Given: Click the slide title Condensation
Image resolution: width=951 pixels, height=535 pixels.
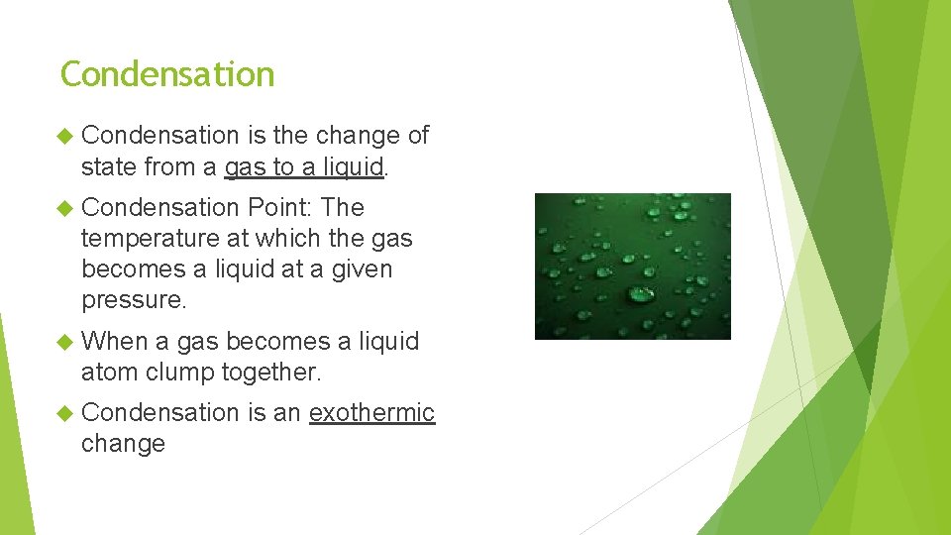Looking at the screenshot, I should tap(166, 74).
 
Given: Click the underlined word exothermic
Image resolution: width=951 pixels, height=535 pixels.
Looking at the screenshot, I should tap(371, 412).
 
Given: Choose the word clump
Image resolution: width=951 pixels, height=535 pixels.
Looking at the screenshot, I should tap(179, 373).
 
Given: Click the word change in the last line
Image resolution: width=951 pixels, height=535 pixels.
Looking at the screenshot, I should tap(123, 444).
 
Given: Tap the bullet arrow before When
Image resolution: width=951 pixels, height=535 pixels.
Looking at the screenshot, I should tap(66, 342).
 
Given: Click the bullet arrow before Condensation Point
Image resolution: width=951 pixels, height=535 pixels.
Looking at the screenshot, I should tap(66, 208).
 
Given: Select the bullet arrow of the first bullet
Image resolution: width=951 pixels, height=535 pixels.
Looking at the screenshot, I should tap(66, 136).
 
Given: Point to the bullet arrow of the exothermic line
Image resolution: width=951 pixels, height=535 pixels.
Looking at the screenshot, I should tap(66, 412).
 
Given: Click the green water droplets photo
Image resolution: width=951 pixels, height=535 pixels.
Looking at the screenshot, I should tap(632, 266).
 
